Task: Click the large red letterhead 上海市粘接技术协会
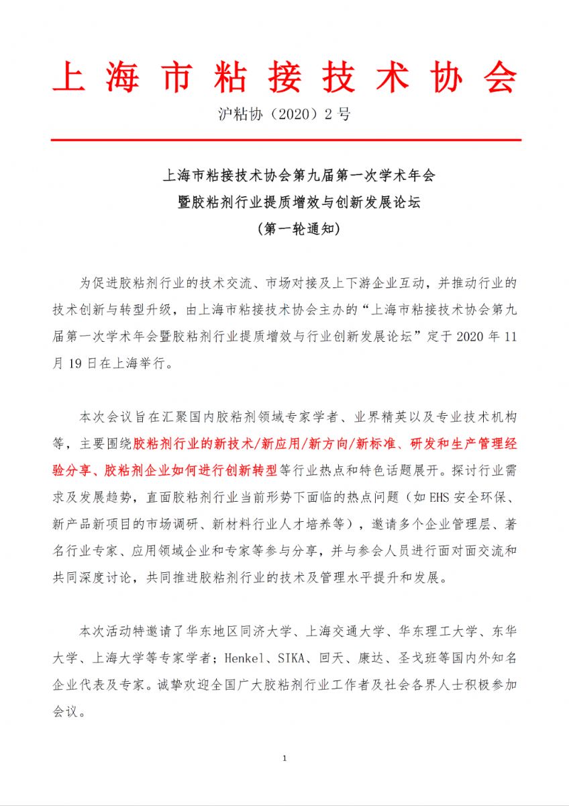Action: pos(284,80)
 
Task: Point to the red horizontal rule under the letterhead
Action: pos(284,140)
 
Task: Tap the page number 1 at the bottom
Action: pos(284,758)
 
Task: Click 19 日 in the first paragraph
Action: pos(83,364)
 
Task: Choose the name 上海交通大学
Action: pos(345,631)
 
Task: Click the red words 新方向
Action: pos(325,444)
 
